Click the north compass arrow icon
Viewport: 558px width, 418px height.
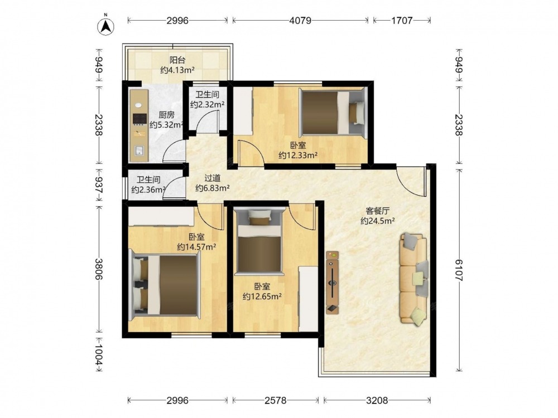pos(105,26)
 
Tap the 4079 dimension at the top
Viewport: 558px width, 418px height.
pos(300,21)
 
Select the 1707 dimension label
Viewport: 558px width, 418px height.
pos(402,21)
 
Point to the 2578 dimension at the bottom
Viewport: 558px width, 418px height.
pos(276,401)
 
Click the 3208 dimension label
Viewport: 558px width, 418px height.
pos(377,401)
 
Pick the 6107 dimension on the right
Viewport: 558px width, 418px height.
pos(459,270)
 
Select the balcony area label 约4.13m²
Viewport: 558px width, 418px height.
pos(177,70)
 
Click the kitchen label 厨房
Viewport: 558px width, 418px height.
pos(166,115)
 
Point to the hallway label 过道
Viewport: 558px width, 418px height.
pos(212,178)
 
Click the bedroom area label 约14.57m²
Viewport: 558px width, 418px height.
pos(197,246)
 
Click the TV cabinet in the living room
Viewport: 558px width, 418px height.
pos(333,283)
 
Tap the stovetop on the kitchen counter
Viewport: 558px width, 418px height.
pos(139,119)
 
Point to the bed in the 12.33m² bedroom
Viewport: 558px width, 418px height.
pos(333,113)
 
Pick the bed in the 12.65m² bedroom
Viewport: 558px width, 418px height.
pos(260,242)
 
